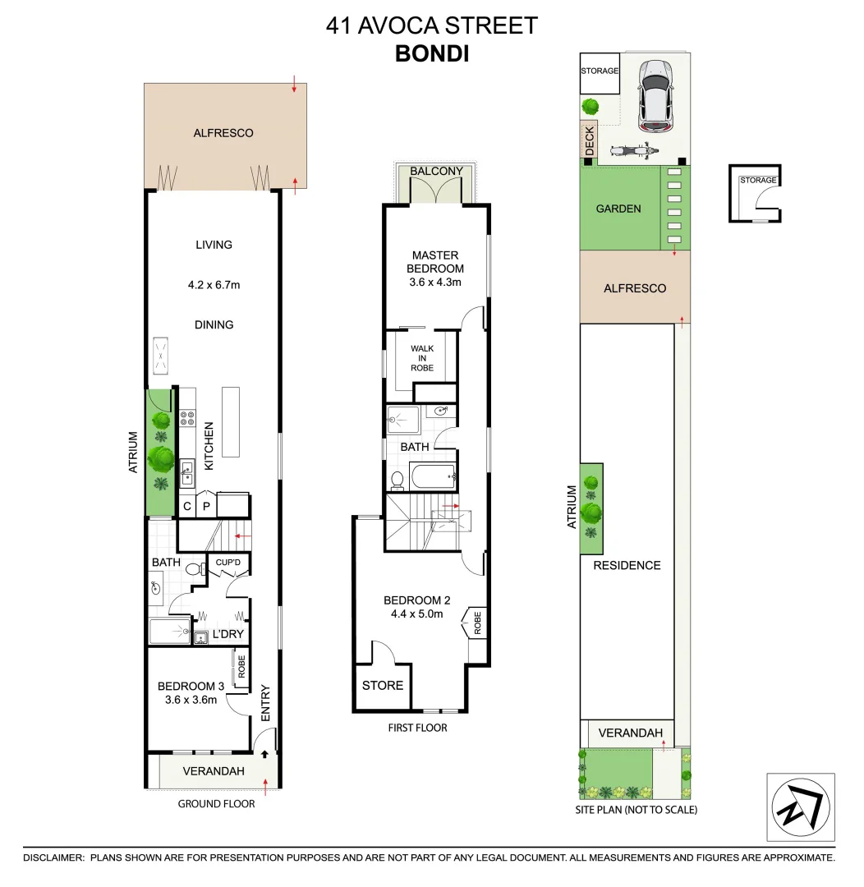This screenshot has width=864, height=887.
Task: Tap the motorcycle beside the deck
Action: pyautogui.click(x=632, y=151)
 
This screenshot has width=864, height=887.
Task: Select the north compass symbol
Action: pyautogui.click(x=800, y=807)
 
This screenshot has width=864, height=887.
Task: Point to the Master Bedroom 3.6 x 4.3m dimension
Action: pyautogui.click(x=436, y=282)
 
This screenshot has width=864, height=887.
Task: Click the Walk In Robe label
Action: pyautogui.click(x=422, y=358)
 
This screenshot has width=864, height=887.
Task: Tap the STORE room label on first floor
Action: pyautogui.click(x=383, y=685)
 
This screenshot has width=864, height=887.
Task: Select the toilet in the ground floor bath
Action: pyautogui.click(x=194, y=568)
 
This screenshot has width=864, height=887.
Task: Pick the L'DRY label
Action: pyautogui.click(x=227, y=635)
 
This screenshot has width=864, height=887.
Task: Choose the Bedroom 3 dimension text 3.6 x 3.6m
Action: pyautogui.click(x=189, y=700)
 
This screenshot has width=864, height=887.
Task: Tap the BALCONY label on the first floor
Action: pyautogui.click(x=436, y=171)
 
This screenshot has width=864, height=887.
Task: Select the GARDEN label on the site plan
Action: pyautogui.click(x=618, y=209)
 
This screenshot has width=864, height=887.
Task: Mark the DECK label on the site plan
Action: pyautogui.click(x=589, y=140)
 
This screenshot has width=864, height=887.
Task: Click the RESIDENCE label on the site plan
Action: pyautogui.click(x=627, y=565)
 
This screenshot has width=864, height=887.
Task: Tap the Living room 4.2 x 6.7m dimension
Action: pyautogui.click(x=214, y=286)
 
